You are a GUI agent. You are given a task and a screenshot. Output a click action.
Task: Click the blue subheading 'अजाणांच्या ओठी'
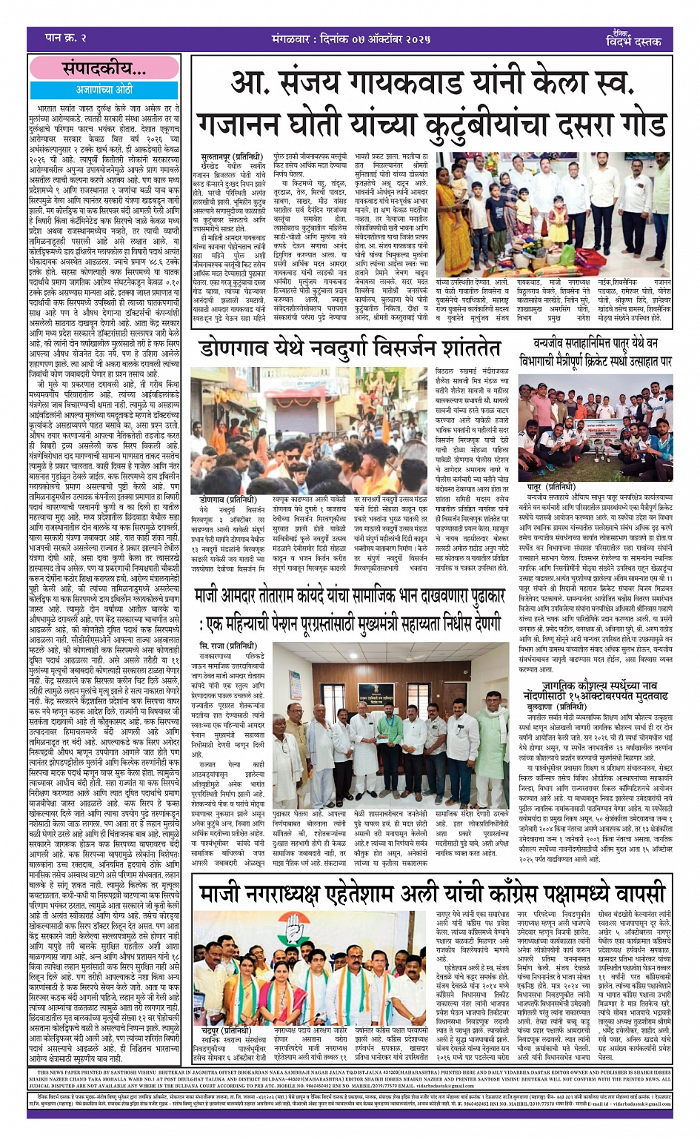104,89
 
